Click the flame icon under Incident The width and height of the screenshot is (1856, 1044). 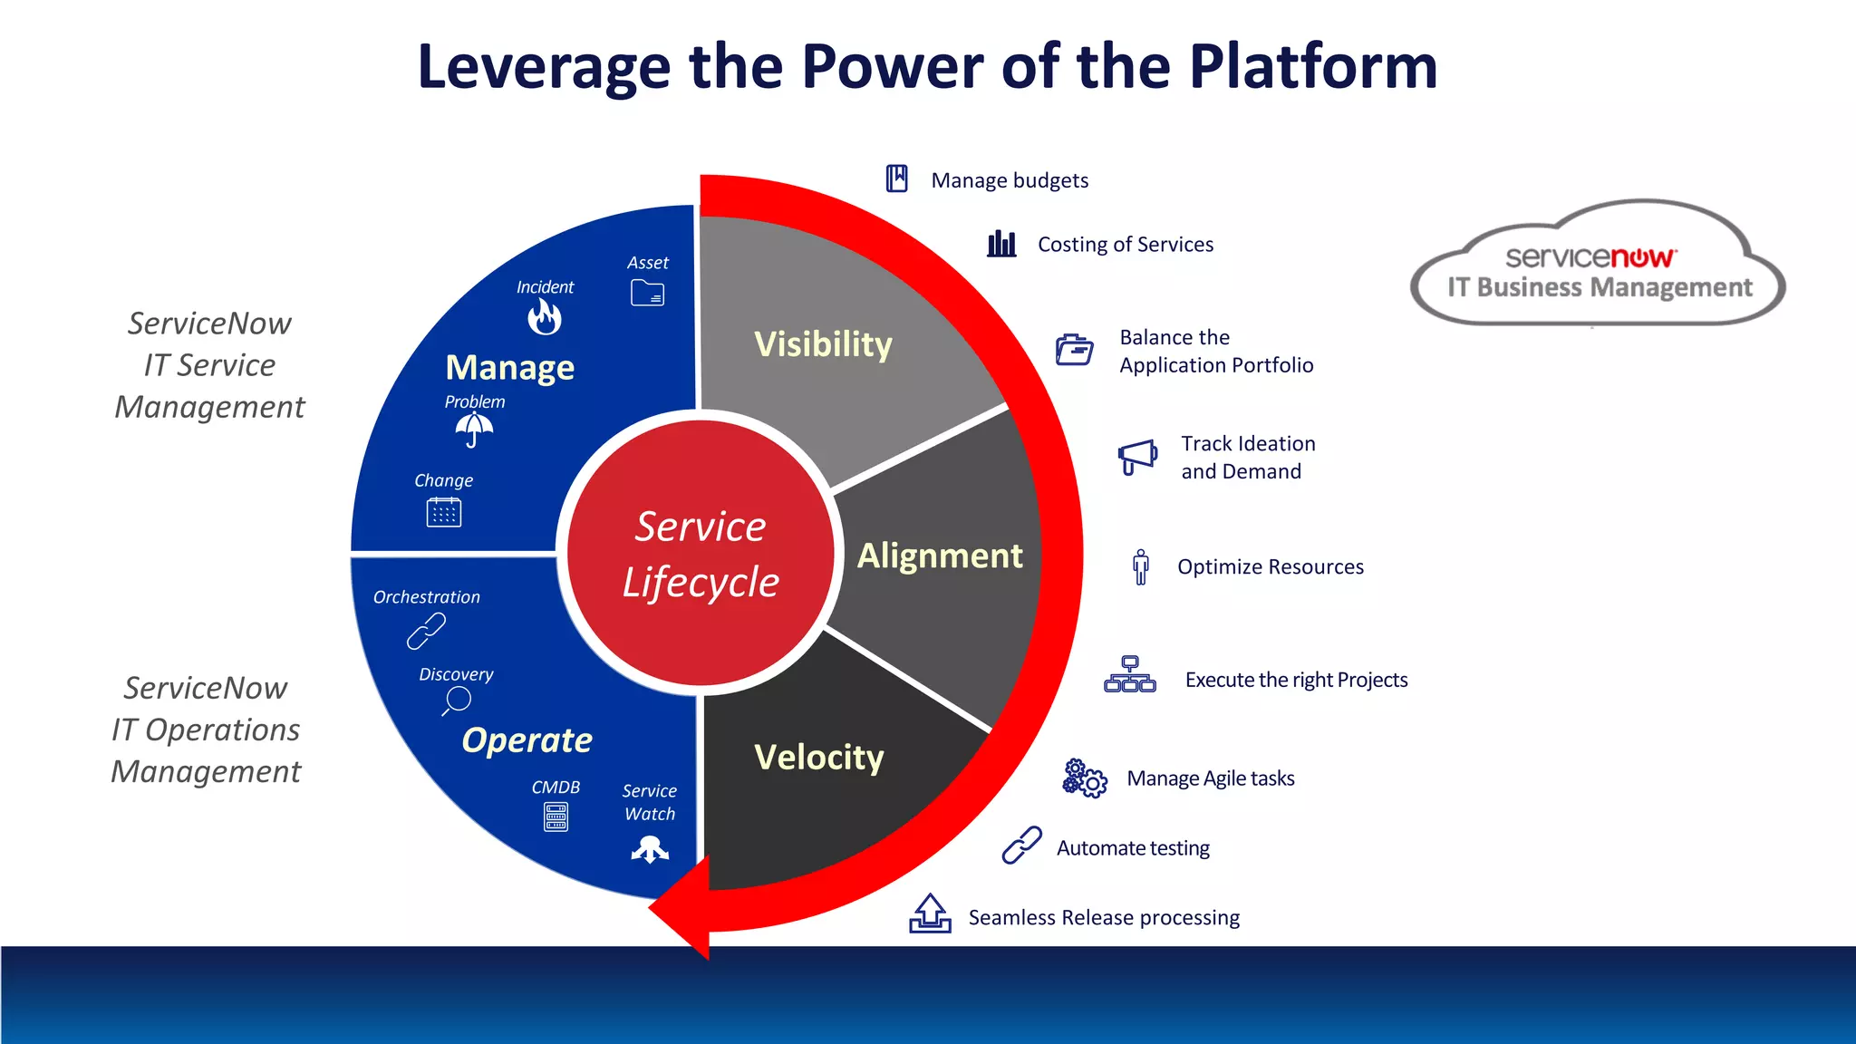click(545, 317)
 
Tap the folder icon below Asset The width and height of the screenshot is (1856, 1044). click(647, 293)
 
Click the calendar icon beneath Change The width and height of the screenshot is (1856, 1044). click(444, 512)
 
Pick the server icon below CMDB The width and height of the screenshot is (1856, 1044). click(556, 817)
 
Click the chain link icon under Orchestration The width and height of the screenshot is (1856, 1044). click(426, 631)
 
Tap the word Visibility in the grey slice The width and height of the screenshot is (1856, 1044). click(823, 344)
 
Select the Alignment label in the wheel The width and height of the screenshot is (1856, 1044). click(940, 556)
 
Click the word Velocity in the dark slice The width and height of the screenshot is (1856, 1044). click(818, 757)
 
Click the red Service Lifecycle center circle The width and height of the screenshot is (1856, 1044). click(700, 554)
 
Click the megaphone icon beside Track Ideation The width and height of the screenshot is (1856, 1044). click(1137, 456)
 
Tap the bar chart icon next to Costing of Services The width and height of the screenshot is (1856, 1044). click(1001, 244)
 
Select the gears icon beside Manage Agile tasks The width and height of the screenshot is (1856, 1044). click(1085, 778)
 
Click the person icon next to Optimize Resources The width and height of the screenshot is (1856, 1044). click(1141, 566)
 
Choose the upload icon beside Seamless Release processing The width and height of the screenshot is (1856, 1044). click(930, 913)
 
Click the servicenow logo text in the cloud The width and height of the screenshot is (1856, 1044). click(1590, 257)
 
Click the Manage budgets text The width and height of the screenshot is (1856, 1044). click(1010, 180)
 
